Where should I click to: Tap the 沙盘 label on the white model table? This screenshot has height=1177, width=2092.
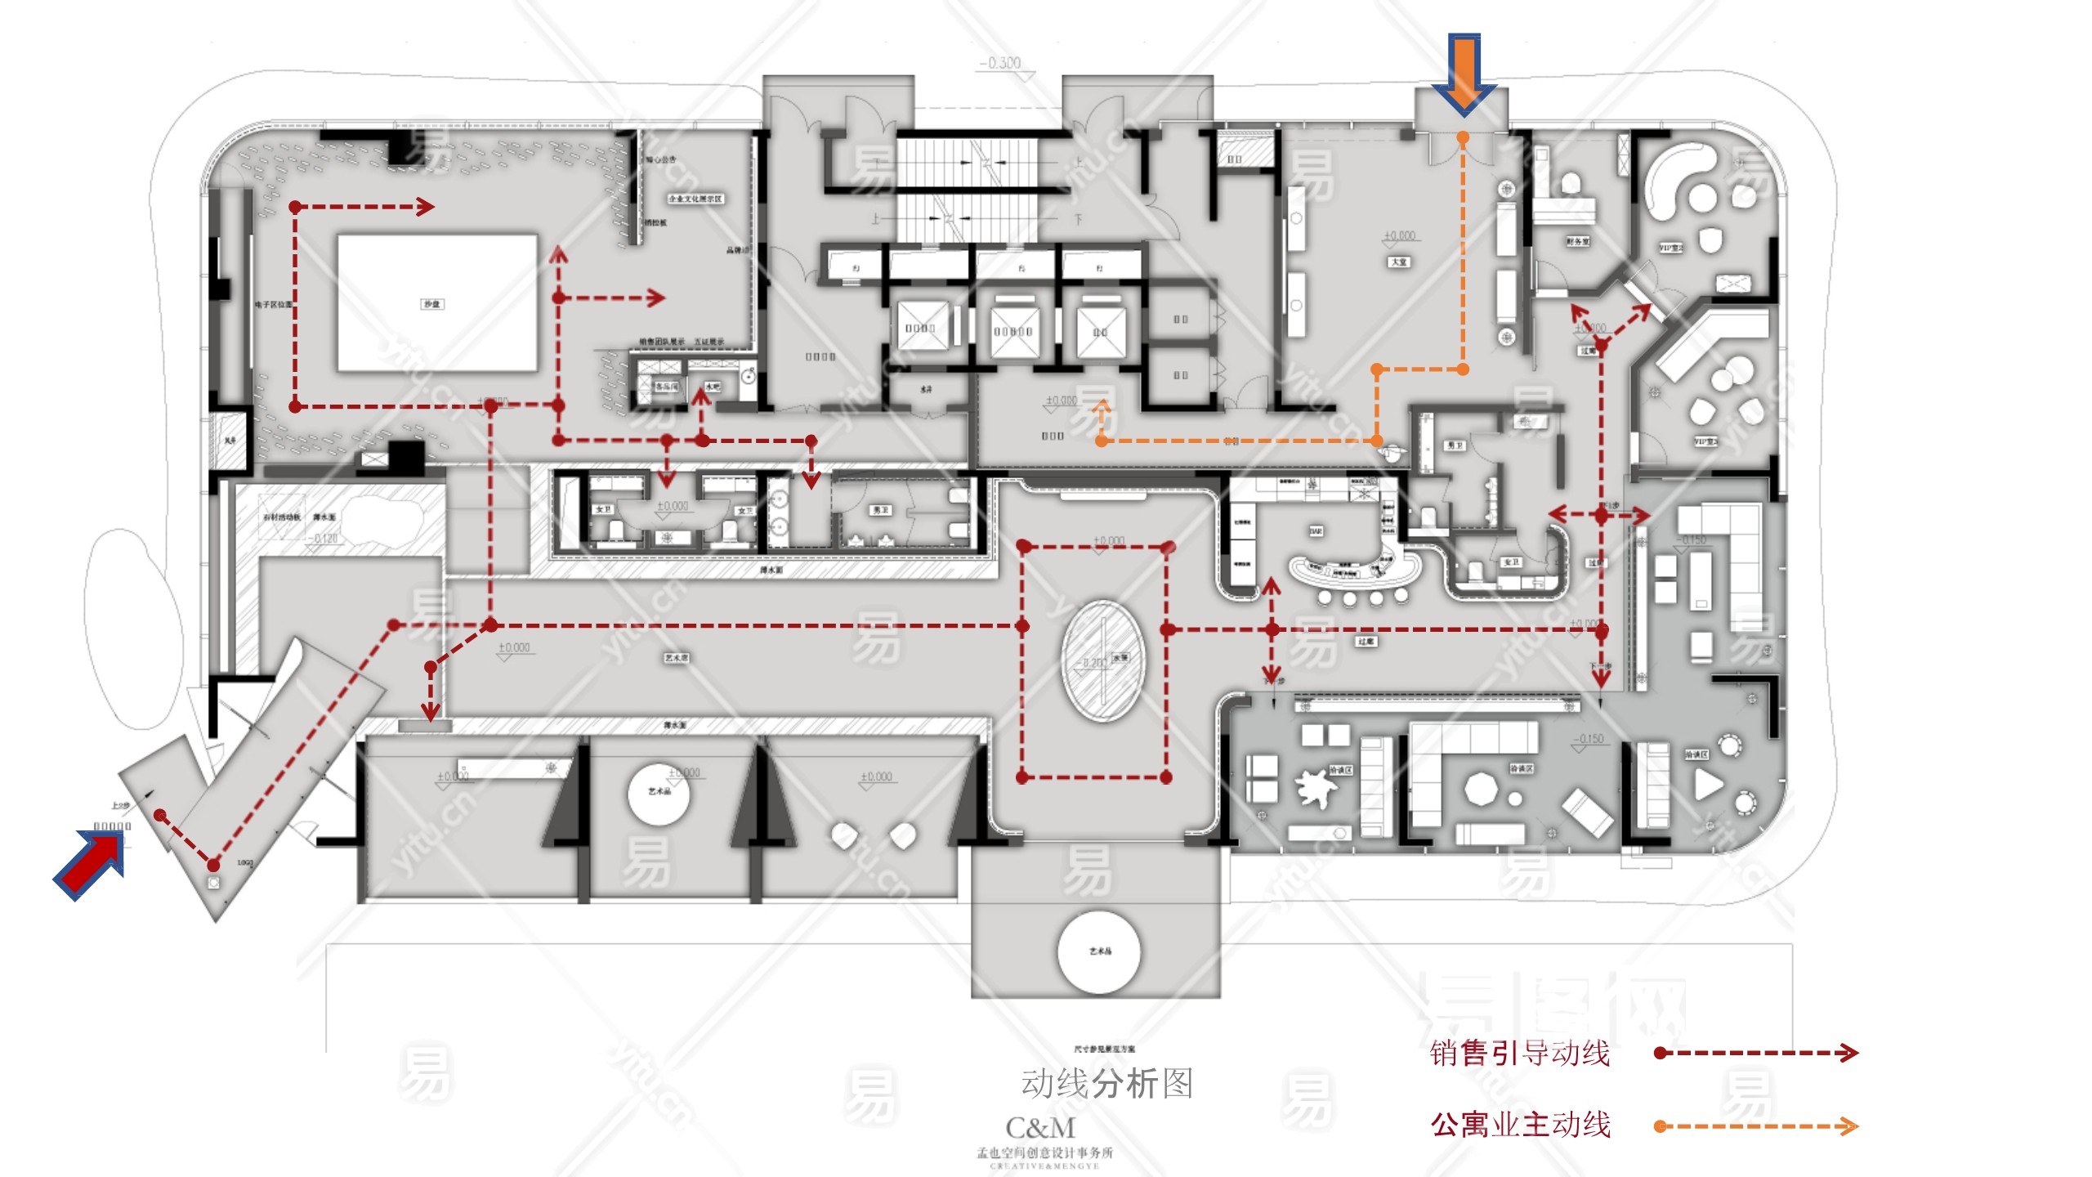(x=431, y=304)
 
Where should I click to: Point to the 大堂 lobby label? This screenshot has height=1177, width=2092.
(x=1399, y=262)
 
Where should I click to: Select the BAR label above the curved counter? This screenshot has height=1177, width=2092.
(x=1316, y=531)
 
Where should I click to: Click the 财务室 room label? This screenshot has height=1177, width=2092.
(x=1577, y=242)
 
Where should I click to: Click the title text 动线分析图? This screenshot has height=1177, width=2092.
(x=1106, y=1084)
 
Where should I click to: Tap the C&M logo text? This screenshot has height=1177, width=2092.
(x=1040, y=1129)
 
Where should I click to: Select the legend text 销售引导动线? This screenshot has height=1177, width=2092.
(x=1520, y=1054)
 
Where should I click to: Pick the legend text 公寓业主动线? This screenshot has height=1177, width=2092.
(x=1520, y=1126)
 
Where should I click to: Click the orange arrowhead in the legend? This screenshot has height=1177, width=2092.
(x=1848, y=1126)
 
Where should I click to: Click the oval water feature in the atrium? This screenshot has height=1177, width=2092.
(x=1102, y=660)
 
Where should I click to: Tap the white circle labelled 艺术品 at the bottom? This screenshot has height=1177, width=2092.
(x=1099, y=951)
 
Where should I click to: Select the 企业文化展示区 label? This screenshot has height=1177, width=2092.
(x=695, y=199)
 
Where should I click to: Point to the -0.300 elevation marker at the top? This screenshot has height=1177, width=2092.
(x=1000, y=63)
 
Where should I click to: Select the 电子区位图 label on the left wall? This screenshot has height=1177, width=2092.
(x=273, y=305)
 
